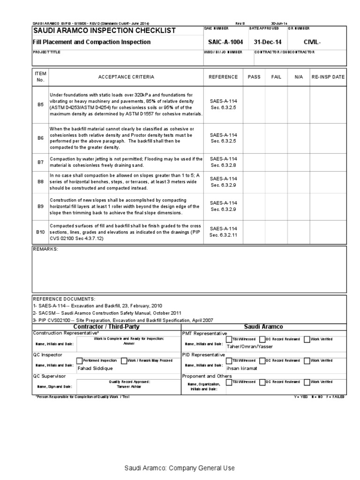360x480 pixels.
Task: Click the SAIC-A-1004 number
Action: point(225,42)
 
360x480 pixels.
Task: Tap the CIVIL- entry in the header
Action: point(313,42)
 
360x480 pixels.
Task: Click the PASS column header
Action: point(254,77)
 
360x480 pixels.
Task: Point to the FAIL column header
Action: point(277,77)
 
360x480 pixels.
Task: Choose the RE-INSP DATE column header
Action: point(328,77)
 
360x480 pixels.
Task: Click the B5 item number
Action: point(40,105)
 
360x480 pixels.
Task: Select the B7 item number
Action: point(40,162)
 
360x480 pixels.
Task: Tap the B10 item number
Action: point(40,232)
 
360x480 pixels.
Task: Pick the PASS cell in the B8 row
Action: point(254,181)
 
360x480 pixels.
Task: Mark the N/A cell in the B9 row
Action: point(299,206)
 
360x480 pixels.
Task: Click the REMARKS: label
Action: point(45,249)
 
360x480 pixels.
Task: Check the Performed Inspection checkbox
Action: point(79,360)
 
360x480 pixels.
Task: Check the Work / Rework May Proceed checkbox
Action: point(124,360)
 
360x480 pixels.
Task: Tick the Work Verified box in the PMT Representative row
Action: point(307,339)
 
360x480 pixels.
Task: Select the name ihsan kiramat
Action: point(242,368)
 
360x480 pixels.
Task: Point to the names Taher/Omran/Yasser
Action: point(249,347)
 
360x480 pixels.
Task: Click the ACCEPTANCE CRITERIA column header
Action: point(126,77)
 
